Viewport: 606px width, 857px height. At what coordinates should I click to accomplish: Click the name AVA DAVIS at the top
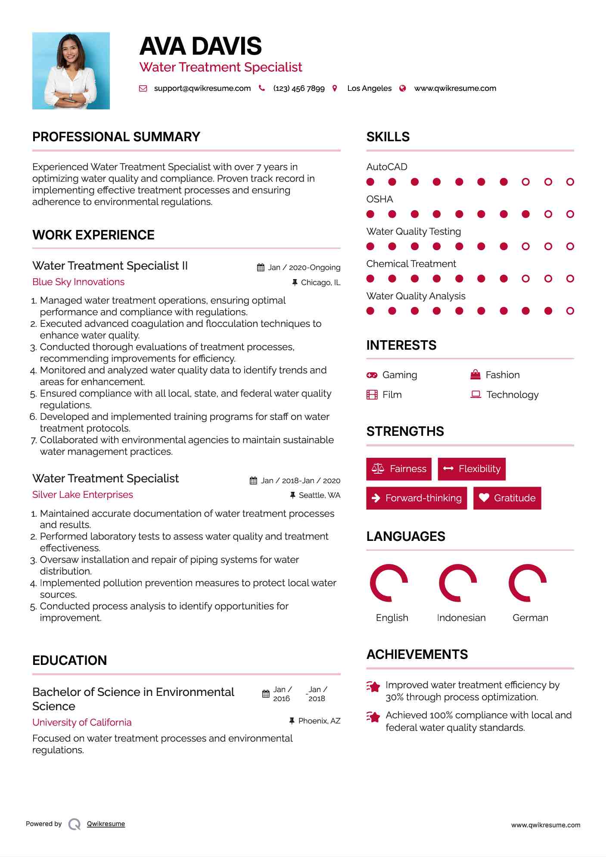(x=200, y=46)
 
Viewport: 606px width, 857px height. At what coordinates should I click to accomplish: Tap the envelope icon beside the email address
(x=143, y=88)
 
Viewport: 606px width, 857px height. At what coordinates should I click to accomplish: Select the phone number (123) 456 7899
(x=298, y=88)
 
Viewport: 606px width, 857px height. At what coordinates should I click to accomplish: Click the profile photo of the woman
(x=71, y=71)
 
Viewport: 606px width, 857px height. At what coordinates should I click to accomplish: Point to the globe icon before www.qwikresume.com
(x=403, y=88)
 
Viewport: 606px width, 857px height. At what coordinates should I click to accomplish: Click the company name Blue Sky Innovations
(x=78, y=282)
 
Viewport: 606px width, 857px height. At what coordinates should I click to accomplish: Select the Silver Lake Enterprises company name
(x=83, y=495)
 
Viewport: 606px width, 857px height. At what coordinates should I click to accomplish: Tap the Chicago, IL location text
(x=320, y=283)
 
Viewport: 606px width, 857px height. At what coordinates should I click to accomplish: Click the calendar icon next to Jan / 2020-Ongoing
(x=261, y=267)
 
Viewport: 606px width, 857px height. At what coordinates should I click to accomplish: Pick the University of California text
(x=82, y=722)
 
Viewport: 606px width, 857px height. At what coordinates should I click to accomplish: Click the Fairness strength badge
(x=399, y=469)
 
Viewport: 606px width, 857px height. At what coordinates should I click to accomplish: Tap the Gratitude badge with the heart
(x=507, y=498)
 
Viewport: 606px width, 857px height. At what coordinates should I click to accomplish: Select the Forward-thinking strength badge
(x=416, y=498)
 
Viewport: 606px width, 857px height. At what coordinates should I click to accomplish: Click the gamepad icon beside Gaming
(x=372, y=375)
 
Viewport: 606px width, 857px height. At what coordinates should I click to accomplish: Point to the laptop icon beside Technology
(x=475, y=394)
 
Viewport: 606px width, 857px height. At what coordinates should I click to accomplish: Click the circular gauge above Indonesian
(x=457, y=583)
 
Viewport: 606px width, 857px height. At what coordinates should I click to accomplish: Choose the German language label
(x=530, y=618)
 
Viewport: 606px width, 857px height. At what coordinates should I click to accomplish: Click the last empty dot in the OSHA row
(x=570, y=214)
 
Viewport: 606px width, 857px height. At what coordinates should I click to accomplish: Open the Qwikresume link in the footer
(x=106, y=824)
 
